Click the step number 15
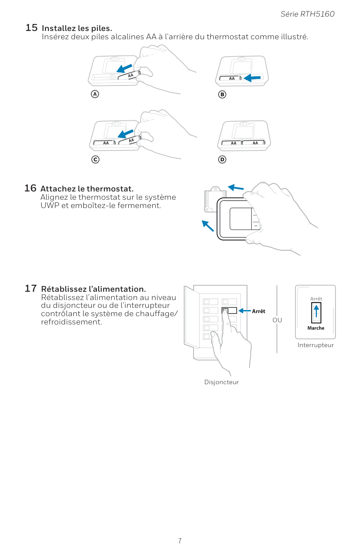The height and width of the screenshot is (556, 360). [31, 27]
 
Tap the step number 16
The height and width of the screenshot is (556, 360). [30, 188]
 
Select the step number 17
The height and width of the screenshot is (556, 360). [31, 288]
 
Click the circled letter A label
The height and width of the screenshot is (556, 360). [94, 94]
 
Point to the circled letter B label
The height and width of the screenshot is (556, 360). [222, 94]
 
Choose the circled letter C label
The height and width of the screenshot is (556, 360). [94, 160]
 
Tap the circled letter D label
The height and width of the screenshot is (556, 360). [222, 160]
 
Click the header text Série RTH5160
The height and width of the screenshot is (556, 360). [307, 14]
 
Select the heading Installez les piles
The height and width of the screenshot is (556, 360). [77, 28]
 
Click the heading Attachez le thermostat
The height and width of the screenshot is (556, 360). [87, 189]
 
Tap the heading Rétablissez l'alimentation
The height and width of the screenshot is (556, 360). [93, 289]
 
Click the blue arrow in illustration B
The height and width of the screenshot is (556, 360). [252, 78]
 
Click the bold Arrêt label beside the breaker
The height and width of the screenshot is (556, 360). [258, 311]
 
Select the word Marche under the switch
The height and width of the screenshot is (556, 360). [315, 328]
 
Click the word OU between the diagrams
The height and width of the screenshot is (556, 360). [277, 320]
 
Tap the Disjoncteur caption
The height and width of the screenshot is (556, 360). [222, 382]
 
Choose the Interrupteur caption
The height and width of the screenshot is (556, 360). [315, 345]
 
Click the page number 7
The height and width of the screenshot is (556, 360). [180, 541]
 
